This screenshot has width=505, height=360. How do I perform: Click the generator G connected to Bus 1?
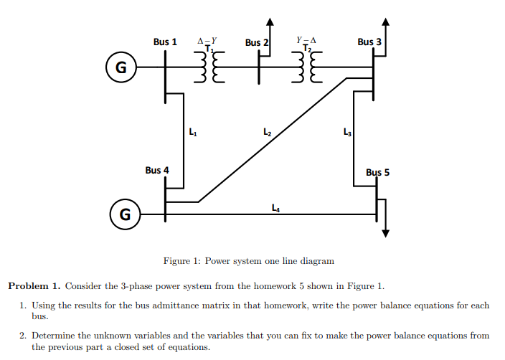121,68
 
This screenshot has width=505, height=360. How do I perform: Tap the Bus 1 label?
165,42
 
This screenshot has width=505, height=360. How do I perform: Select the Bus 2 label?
257,43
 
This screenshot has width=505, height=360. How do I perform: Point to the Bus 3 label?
369,42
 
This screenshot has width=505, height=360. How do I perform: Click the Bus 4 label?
157,171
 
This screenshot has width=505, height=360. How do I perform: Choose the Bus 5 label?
377,173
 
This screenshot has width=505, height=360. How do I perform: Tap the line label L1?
192,131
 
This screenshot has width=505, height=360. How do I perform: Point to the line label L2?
267,131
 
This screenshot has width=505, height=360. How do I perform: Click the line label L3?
348,131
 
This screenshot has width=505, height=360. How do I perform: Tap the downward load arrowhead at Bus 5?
386,232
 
